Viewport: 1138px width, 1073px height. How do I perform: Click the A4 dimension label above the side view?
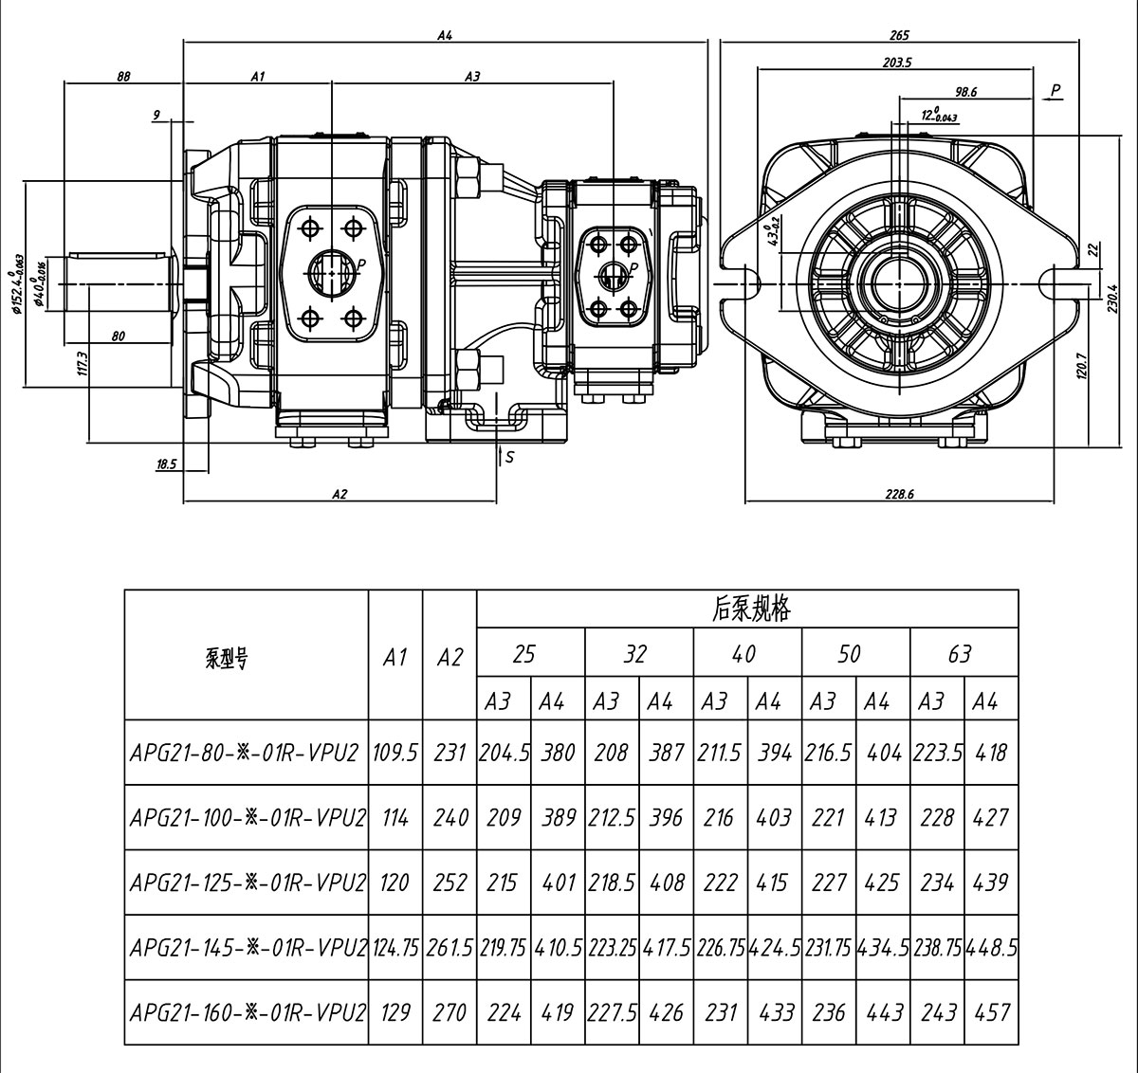point(445,35)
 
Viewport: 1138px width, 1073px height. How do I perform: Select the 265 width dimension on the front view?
point(899,35)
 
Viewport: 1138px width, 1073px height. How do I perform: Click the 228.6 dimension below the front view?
point(899,494)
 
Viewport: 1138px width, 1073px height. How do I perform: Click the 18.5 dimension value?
point(166,464)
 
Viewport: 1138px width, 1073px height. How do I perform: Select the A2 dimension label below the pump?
point(340,494)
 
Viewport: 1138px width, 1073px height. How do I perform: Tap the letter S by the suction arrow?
point(509,457)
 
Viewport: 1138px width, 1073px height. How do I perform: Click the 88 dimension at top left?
point(123,77)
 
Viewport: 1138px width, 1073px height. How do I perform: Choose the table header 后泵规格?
point(750,609)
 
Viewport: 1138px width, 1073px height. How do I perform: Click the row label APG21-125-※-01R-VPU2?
point(248,882)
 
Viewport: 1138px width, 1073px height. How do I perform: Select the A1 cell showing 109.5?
point(395,753)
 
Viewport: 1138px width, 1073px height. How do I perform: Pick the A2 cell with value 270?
point(450,1012)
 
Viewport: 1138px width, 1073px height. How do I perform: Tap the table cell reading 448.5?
point(992,947)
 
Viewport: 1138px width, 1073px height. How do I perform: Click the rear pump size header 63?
point(960,654)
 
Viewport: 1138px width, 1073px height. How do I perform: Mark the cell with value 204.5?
point(504,753)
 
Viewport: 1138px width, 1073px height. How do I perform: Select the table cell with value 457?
point(992,1012)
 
